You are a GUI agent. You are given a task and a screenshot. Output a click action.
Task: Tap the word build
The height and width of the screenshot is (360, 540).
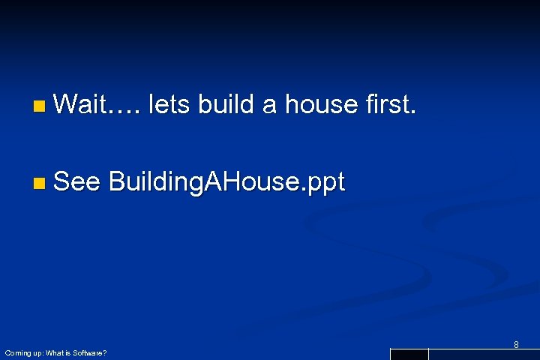tap(226, 105)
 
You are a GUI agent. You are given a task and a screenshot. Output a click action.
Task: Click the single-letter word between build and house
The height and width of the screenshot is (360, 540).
tap(270, 108)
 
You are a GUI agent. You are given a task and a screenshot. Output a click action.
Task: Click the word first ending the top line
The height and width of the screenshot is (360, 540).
tap(389, 105)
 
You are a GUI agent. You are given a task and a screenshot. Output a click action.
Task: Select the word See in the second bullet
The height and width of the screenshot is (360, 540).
tap(77, 182)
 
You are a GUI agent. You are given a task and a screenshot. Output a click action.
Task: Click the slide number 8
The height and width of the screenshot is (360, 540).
tap(516, 345)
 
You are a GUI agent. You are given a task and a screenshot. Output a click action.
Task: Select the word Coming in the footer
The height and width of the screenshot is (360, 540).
tap(16, 352)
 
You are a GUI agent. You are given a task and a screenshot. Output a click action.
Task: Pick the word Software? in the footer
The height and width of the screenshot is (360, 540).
tap(89, 352)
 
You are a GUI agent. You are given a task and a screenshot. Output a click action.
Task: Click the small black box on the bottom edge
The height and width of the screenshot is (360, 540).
tap(409, 354)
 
